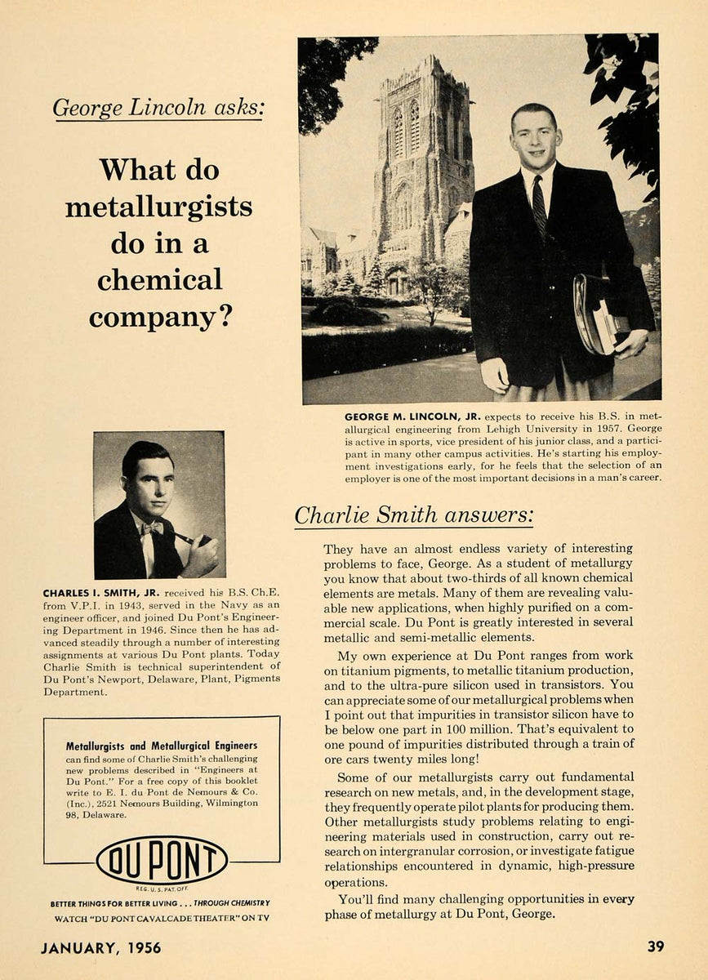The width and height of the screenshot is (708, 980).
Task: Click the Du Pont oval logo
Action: tap(162, 860)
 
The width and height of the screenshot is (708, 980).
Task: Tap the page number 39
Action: tap(655, 947)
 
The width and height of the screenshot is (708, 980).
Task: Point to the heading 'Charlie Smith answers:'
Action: tap(414, 514)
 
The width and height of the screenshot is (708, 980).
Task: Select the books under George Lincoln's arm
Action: tap(604, 314)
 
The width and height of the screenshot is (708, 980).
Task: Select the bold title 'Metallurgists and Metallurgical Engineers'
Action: tap(161, 746)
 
